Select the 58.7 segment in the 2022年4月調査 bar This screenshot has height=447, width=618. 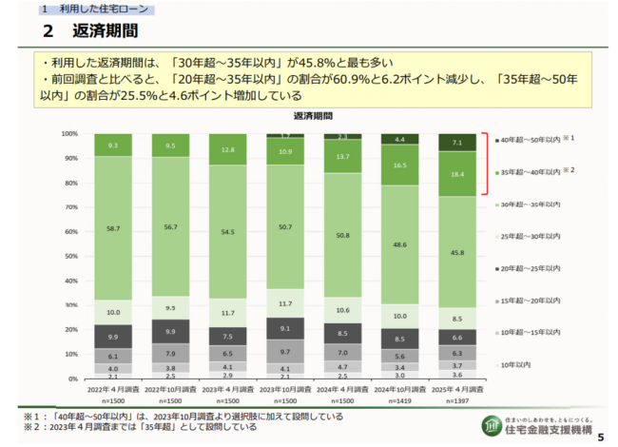(x=113, y=229)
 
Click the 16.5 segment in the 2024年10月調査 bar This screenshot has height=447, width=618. (x=398, y=165)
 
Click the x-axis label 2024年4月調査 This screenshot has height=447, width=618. (x=341, y=390)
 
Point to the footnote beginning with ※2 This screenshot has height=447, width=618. (x=133, y=428)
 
